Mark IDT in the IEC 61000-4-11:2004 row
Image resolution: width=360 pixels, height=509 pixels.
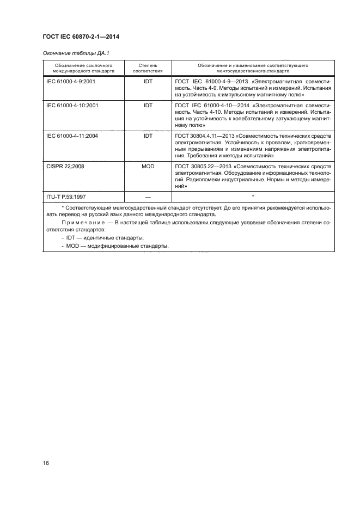coord(148,136)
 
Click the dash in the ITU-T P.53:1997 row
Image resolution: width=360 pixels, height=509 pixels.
coord(148,195)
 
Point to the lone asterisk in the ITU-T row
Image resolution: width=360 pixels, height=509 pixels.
coord(253,195)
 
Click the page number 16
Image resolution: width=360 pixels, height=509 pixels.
coord(46,463)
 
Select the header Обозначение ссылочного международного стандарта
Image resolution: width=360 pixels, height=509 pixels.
coord(83,68)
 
